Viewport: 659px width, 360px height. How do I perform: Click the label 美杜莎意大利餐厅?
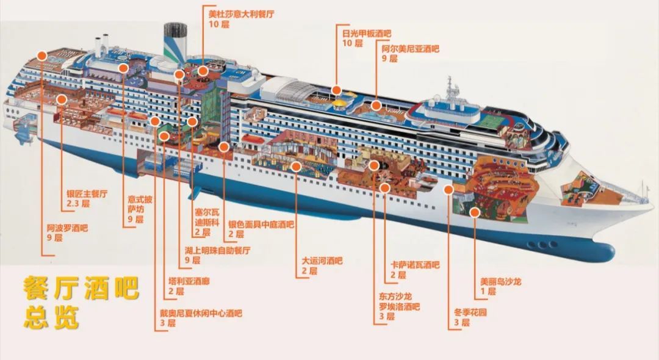[241, 14]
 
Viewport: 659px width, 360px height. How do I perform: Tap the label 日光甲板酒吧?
[367, 33]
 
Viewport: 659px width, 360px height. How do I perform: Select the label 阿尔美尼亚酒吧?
[410, 49]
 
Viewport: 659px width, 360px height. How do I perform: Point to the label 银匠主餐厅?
[87, 193]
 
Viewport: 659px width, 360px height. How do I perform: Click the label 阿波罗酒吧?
[67, 228]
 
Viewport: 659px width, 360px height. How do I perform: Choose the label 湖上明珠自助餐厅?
[217, 250]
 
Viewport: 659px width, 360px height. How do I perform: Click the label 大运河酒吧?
[322, 261]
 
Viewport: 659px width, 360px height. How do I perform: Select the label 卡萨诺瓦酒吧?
[416, 265]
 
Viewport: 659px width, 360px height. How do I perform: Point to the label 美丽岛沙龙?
[500, 281]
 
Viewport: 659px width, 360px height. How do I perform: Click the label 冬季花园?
[470, 312]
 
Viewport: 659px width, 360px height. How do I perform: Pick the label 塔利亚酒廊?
[189, 281]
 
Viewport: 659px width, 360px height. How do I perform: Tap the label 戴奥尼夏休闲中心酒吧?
[201, 313]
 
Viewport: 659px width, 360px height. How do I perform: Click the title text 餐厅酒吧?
[81, 288]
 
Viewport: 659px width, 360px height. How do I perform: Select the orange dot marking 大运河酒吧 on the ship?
[297, 167]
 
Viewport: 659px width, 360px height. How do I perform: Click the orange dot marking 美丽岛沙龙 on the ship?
[475, 212]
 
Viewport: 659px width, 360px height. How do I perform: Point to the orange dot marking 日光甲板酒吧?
[336, 90]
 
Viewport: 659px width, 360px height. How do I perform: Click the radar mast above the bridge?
[450, 89]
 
